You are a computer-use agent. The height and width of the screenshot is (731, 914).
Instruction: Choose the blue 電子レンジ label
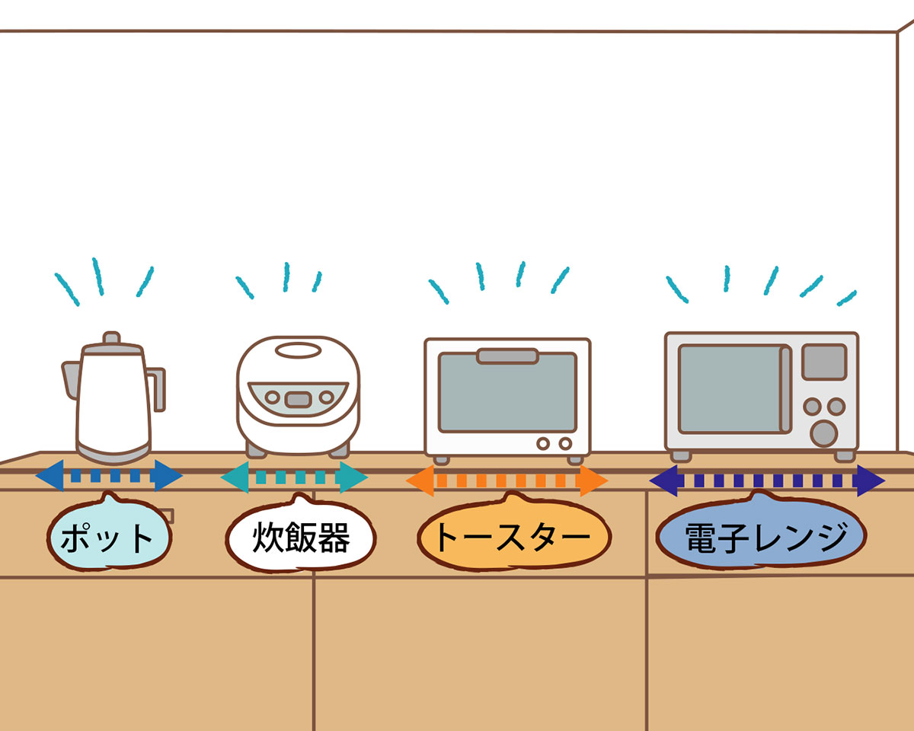762,537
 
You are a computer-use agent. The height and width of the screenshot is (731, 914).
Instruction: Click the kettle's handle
157,388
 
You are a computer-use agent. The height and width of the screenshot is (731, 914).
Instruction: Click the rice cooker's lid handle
299,351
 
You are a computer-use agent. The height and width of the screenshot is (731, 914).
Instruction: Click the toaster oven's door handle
507,356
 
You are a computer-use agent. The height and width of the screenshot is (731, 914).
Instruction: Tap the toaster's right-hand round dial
565,443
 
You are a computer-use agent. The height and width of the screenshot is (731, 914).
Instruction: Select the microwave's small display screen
824,362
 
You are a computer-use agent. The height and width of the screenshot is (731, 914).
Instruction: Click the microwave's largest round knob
823,433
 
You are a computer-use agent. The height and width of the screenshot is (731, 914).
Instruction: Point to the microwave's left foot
680,455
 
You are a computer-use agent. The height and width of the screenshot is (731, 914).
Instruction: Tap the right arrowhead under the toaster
593,481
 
